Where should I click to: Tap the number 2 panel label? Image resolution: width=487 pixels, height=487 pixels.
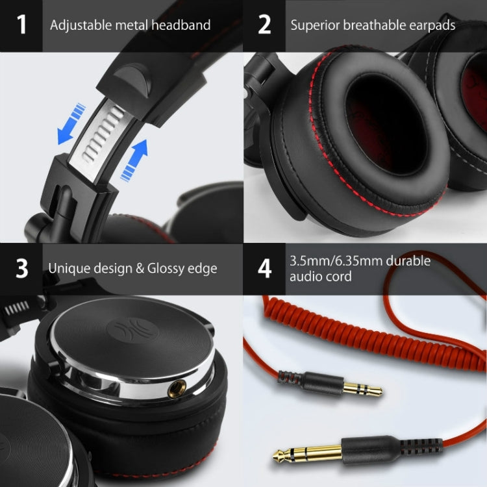coord(264,25)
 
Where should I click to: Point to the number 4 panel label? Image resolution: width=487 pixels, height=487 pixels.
coord(265,268)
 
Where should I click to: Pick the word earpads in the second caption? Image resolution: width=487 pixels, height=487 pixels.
coord(431,25)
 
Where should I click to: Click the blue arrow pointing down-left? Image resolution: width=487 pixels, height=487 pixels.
coord(69,123)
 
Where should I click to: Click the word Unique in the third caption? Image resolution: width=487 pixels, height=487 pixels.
coord(68,268)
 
